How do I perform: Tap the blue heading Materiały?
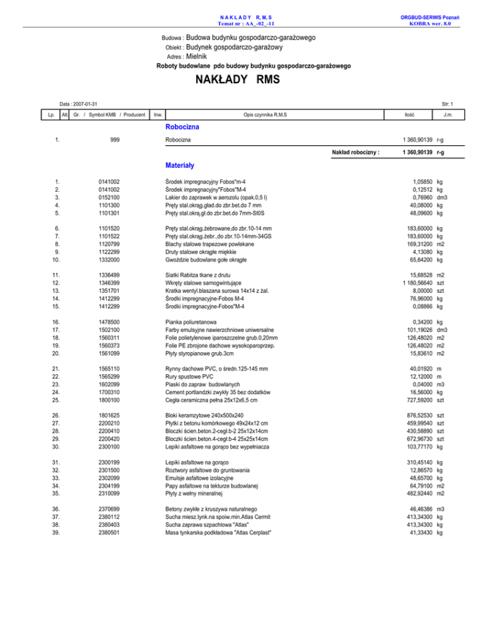179,167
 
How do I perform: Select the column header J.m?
446,114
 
